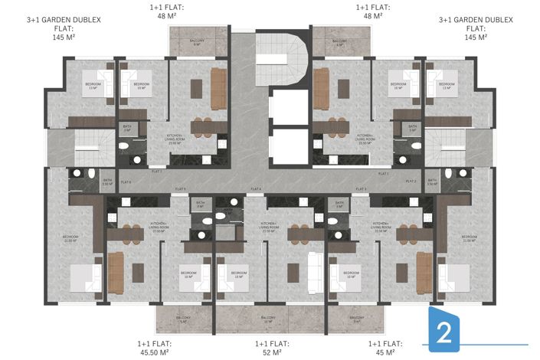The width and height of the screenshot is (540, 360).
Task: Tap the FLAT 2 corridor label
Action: pos(411,182)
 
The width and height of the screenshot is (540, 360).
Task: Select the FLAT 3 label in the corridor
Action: pos(360,188)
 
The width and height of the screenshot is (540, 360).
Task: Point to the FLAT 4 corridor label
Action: pos(256,188)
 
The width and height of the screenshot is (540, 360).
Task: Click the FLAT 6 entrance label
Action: pos(126,182)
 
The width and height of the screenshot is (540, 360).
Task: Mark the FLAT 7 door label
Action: pos(158,175)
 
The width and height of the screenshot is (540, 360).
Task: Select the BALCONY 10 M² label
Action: pos(269,319)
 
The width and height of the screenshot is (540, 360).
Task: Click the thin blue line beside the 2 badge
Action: pos(498,342)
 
